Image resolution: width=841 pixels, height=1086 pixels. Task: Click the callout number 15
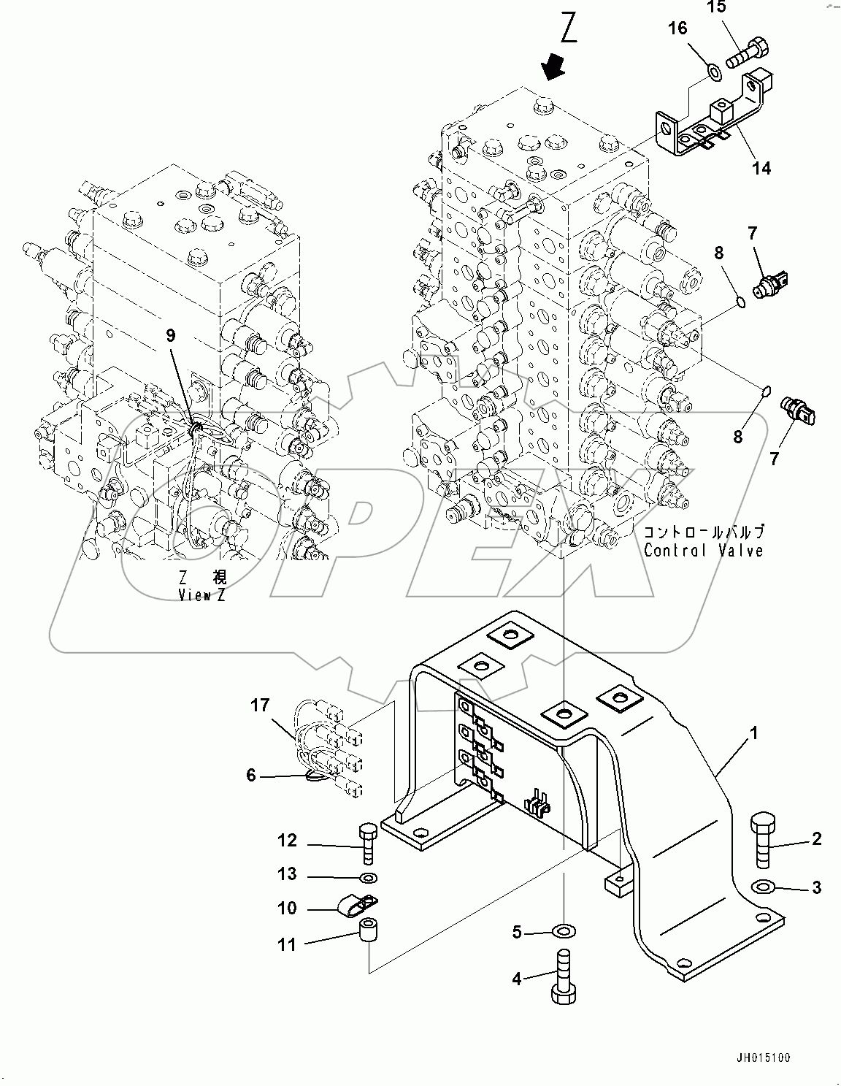pyautogui.click(x=717, y=7)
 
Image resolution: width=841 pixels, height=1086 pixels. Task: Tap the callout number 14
pyautogui.click(x=761, y=168)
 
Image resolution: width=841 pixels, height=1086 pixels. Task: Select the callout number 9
pyautogui.click(x=171, y=335)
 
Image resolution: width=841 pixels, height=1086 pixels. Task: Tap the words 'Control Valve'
pyautogui.click(x=703, y=550)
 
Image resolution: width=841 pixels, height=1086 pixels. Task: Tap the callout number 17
pyautogui.click(x=260, y=705)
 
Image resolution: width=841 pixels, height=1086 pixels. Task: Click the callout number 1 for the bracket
pyautogui.click(x=753, y=732)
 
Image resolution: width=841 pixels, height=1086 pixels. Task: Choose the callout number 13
pyautogui.click(x=287, y=873)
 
